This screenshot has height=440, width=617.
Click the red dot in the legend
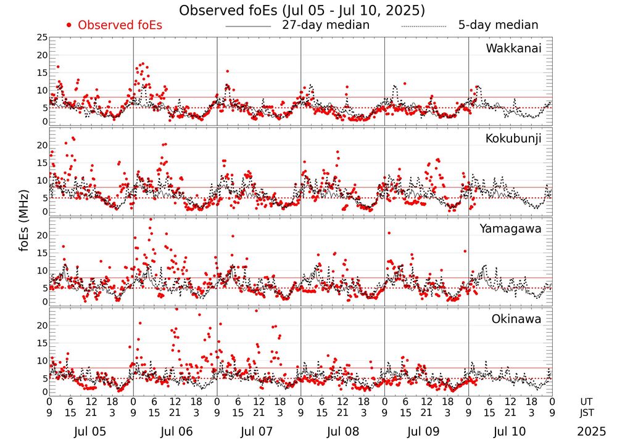[69, 25]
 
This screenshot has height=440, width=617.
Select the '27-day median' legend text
[326, 25]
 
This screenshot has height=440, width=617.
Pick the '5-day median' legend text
[498, 25]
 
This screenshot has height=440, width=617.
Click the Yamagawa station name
[511, 229]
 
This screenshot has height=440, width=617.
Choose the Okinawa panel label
[516, 319]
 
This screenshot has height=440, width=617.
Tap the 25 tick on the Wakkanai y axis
[41, 38]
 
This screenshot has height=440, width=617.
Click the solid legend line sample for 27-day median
[249, 26]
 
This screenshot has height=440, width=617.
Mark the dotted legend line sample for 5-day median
[423, 26]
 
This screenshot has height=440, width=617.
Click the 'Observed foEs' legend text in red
[120, 25]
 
